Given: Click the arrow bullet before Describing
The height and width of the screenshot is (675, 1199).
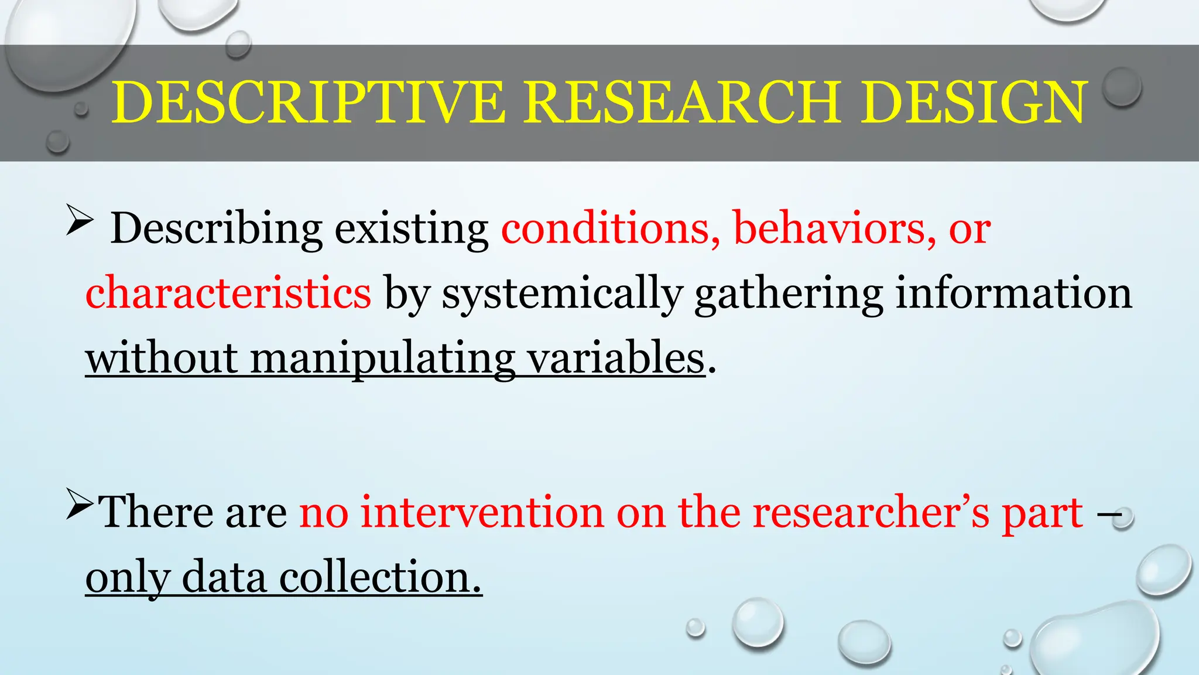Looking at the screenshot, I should click(x=80, y=220).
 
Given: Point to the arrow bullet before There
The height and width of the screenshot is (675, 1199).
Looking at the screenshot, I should click(x=80, y=504).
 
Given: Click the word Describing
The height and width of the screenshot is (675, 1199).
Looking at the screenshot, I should click(x=216, y=229).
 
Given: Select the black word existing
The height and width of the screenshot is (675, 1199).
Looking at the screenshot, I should click(x=412, y=229).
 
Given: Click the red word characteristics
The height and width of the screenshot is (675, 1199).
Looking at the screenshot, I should click(x=228, y=293).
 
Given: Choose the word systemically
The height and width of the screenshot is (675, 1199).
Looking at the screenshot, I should click(x=562, y=293).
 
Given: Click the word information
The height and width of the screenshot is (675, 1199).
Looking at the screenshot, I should click(x=1014, y=293).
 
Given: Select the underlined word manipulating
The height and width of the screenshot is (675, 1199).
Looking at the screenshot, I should click(x=383, y=357).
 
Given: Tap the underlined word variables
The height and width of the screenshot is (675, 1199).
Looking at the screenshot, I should click(x=616, y=357).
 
